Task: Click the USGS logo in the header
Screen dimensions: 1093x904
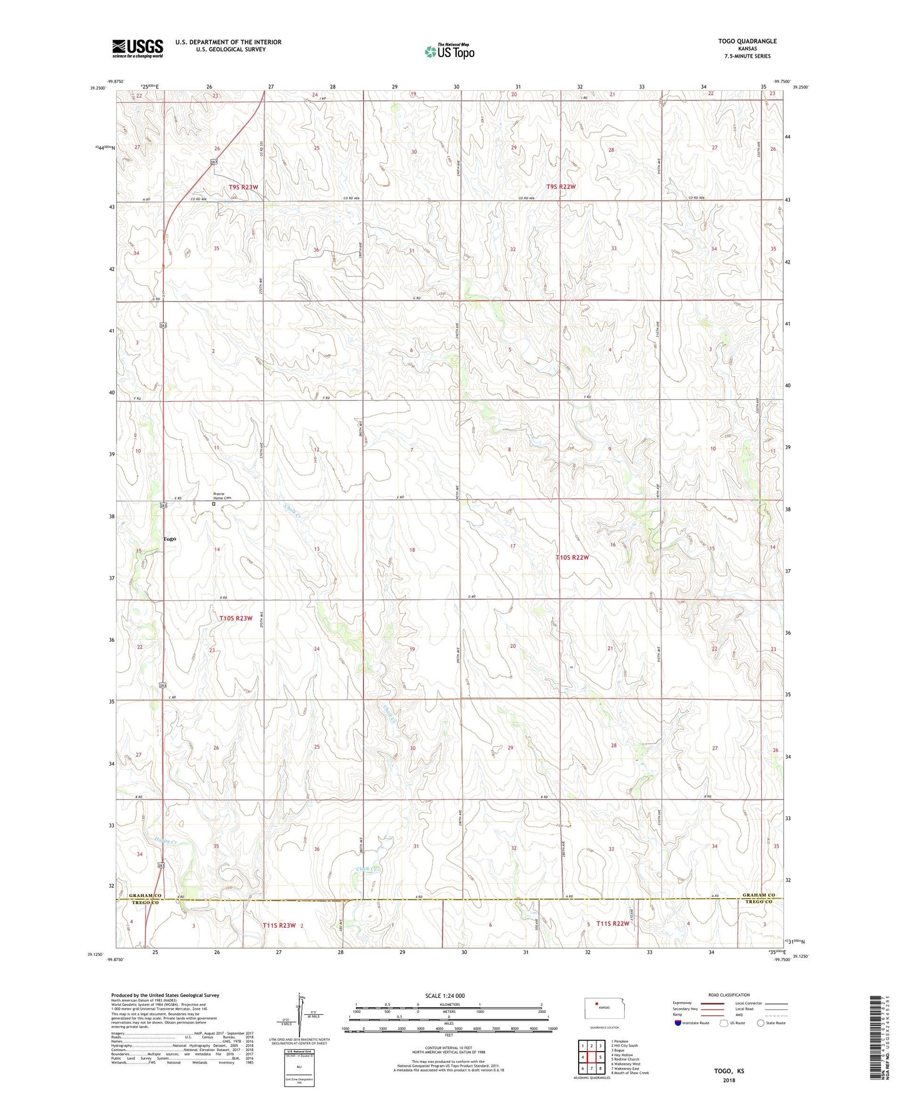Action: (138, 48)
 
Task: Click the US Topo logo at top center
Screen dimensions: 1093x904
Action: (449, 51)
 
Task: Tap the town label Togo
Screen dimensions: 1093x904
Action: (170, 539)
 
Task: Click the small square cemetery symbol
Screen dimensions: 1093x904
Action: (213, 503)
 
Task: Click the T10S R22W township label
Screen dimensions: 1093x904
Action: (572, 557)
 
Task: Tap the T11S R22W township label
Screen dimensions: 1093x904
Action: (612, 923)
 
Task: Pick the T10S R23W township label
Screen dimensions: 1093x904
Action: (236, 618)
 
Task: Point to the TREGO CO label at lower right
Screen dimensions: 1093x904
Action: (759, 902)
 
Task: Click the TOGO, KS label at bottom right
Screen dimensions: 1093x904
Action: (729, 1071)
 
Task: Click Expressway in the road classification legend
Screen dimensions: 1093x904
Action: (682, 1003)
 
